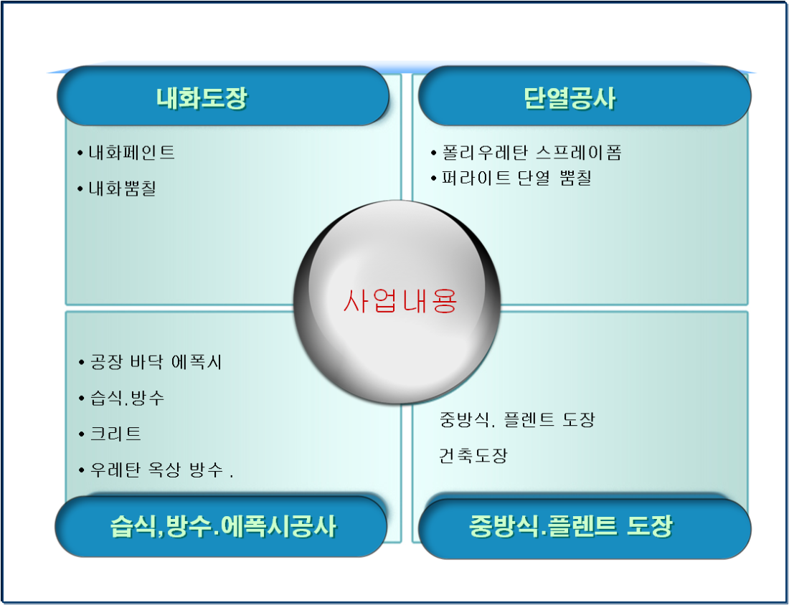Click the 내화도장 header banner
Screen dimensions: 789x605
click(223, 95)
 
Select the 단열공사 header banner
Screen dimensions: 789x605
click(584, 95)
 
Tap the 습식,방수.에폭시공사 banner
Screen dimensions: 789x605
click(222, 526)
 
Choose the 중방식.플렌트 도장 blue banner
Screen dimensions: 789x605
click(585, 528)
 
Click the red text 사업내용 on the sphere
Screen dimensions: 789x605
click(400, 301)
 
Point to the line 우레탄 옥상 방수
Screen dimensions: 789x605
click(156, 470)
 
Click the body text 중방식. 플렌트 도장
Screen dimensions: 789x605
click(516, 419)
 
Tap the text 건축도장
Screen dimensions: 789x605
click(473, 456)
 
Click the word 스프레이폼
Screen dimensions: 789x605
click(579, 153)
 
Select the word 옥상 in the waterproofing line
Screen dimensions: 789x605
click(164, 470)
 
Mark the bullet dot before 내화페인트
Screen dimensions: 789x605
click(80, 153)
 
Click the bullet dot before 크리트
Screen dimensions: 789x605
click(82, 434)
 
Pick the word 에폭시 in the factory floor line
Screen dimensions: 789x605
click(197, 362)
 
